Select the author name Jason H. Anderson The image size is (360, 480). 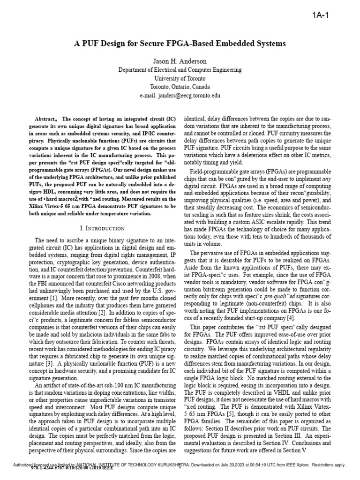[x=180, y=61]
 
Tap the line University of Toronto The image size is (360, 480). [x=180, y=78]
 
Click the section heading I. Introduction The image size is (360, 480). [x=103, y=228]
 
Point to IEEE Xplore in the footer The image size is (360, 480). [x=295, y=465]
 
